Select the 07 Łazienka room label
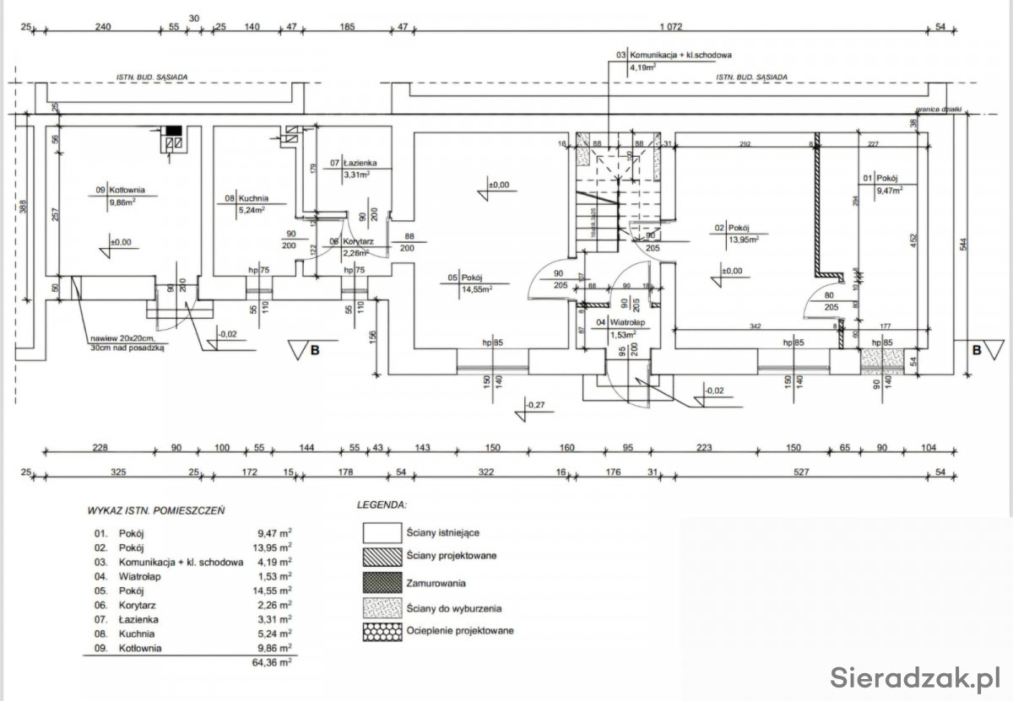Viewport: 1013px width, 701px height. click(x=359, y=163)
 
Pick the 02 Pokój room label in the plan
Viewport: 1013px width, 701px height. click(x=732, y=229)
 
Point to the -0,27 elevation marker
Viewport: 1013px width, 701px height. click(x=534, y=406)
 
